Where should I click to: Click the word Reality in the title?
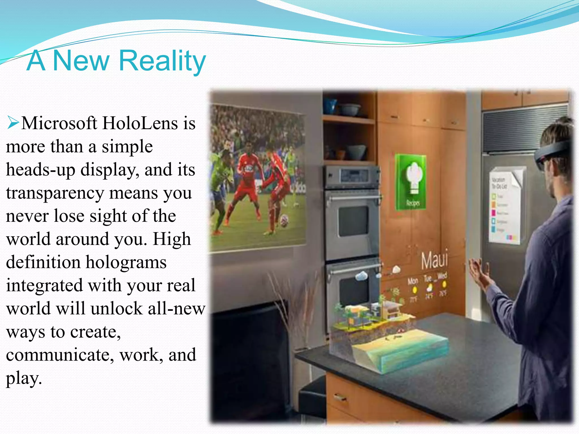point(162,61)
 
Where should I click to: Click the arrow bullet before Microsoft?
point(13,123)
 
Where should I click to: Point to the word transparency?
point(55,194)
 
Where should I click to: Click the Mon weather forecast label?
point(413,281)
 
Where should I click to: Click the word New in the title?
point(81,61)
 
